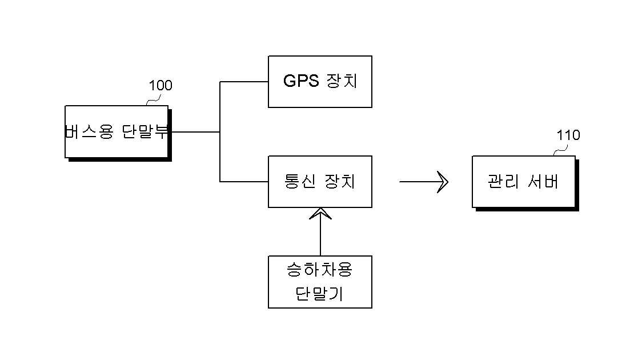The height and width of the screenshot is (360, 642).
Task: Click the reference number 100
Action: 160,86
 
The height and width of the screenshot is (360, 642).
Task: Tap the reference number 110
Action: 568,135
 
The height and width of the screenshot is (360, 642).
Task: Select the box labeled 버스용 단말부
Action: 117,132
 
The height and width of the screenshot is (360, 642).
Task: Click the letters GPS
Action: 301,81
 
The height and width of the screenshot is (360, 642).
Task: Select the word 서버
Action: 543,182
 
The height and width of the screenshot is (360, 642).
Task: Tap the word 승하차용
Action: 320,270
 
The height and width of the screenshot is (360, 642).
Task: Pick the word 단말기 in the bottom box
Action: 319,294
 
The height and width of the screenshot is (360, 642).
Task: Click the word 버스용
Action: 89,132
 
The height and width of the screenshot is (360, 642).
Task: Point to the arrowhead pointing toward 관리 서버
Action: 443,182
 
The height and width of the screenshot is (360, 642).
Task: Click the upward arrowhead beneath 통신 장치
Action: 320,213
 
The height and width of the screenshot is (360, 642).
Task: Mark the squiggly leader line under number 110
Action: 560,149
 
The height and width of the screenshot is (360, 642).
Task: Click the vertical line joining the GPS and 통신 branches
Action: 220,131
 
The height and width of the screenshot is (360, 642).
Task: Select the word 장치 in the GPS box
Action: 342,81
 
